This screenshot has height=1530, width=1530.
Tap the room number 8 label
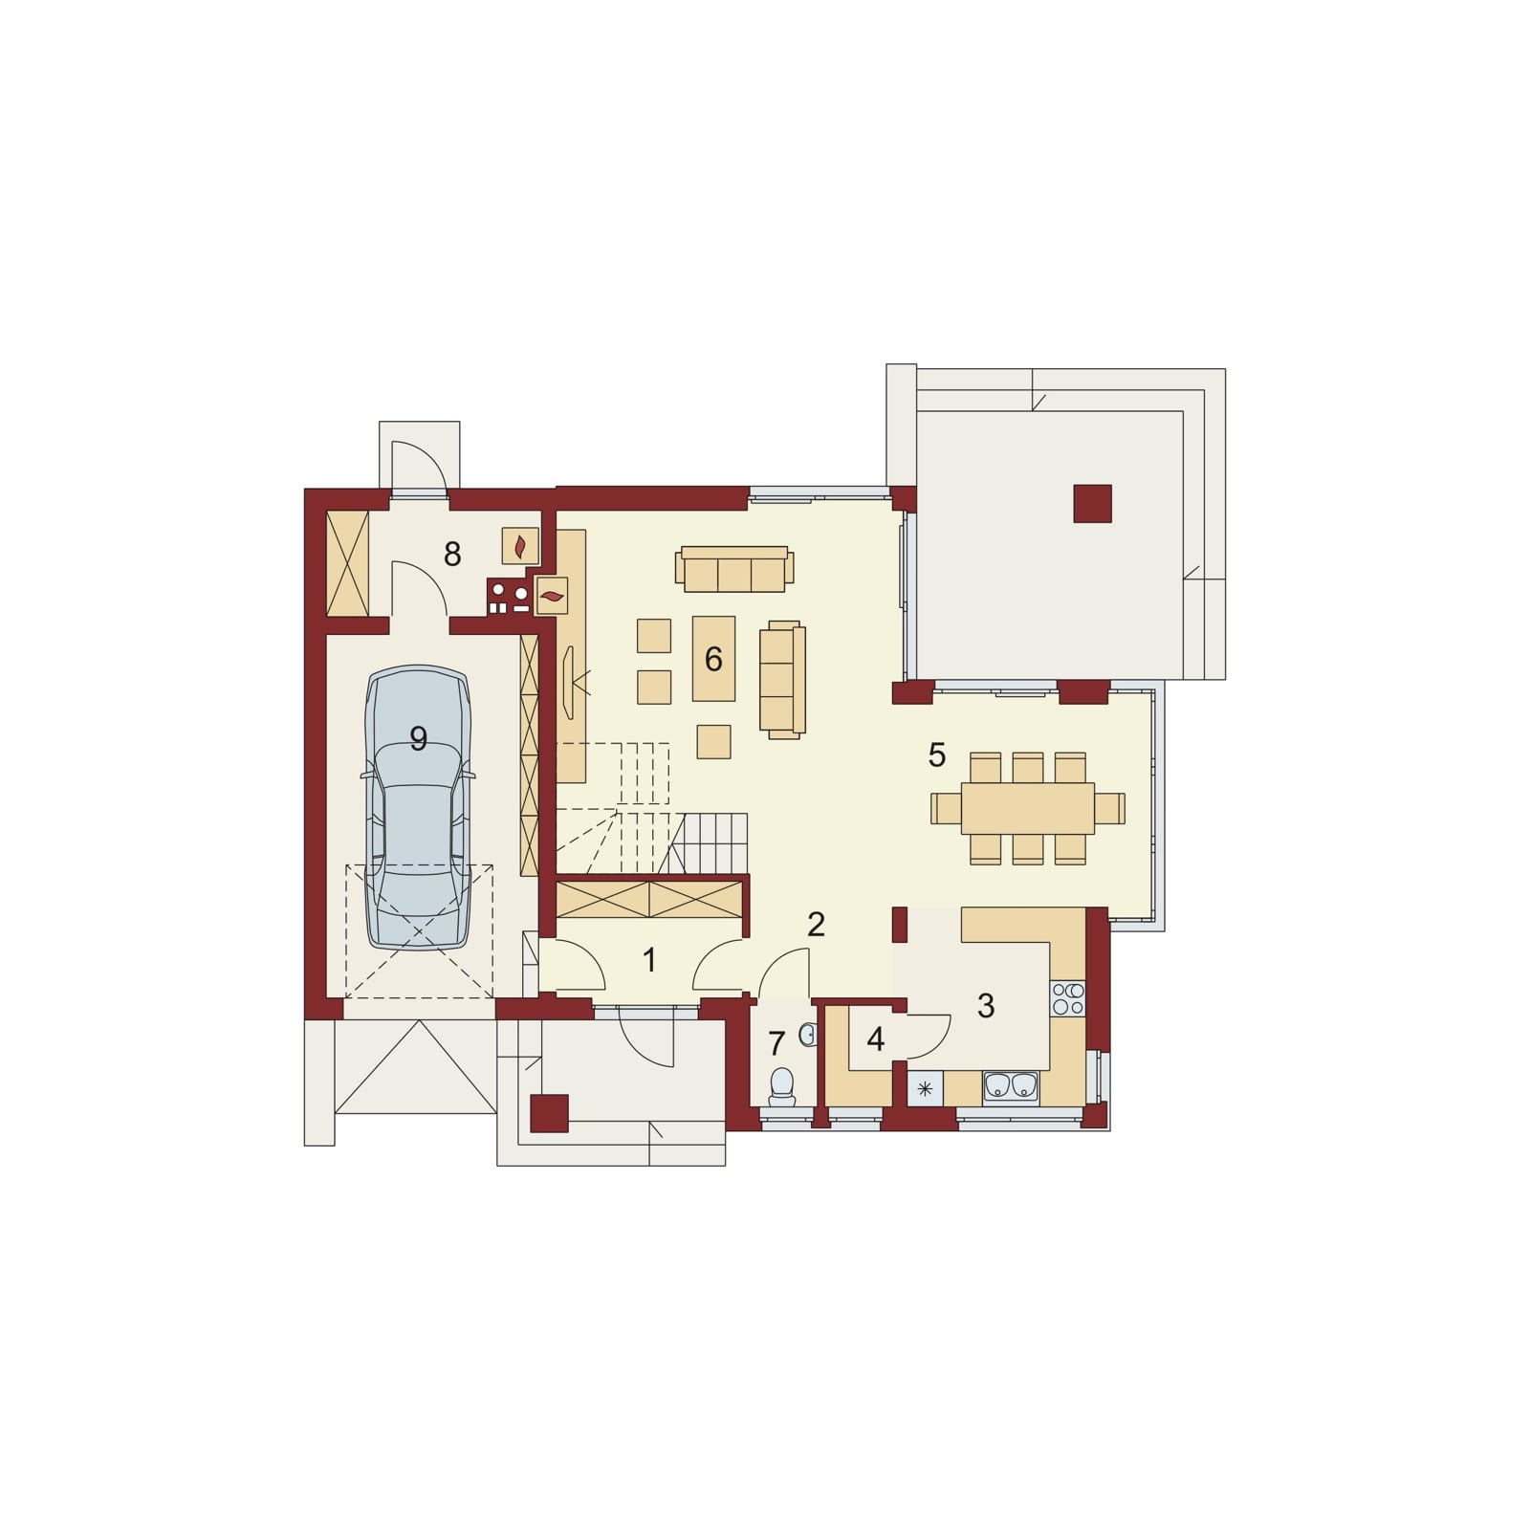pos(452,554)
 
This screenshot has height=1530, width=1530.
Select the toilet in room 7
pos(782,1086)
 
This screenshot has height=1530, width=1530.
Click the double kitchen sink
pos(1011,1085)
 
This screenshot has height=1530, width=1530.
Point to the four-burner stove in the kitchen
pos(1068,998)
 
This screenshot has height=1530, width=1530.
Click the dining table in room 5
pos(1028,808)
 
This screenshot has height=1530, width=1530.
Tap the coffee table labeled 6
pos(714,658)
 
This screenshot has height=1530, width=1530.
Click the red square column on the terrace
pos(1092,503)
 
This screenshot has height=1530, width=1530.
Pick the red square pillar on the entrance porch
pos(549,1113)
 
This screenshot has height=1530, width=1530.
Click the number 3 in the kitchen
pos(986,1005)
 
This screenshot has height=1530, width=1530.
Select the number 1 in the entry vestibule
pos(650,960)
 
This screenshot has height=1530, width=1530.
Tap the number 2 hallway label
pos(816,924)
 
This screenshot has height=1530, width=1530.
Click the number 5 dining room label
pos(937,754)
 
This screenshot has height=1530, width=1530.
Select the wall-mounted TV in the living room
pos(570,682)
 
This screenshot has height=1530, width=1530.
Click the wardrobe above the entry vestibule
pos(649,900)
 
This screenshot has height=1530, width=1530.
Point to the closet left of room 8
pos(347,564)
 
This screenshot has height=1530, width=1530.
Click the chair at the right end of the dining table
pos(1109,808)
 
